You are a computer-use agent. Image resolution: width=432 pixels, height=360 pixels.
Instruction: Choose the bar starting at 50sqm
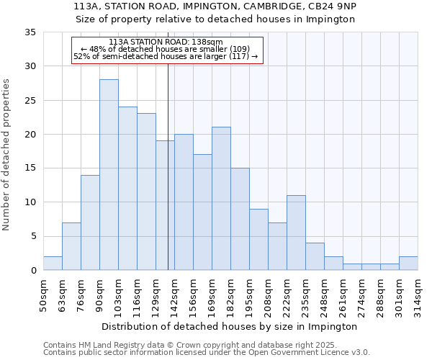[53, 263]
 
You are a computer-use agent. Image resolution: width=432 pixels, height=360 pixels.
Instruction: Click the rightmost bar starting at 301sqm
[408, 263]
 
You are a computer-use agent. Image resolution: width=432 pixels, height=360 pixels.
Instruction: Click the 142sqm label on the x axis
[174, 295]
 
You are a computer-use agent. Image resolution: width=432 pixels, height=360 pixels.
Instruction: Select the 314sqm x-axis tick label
[418, 295]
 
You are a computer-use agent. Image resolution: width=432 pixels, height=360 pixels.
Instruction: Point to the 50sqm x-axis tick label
[43, 295]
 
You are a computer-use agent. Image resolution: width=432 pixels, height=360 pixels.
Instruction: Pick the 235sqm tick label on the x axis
[305, 295]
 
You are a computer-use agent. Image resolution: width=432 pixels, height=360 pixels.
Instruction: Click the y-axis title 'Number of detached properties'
[7, 155]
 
